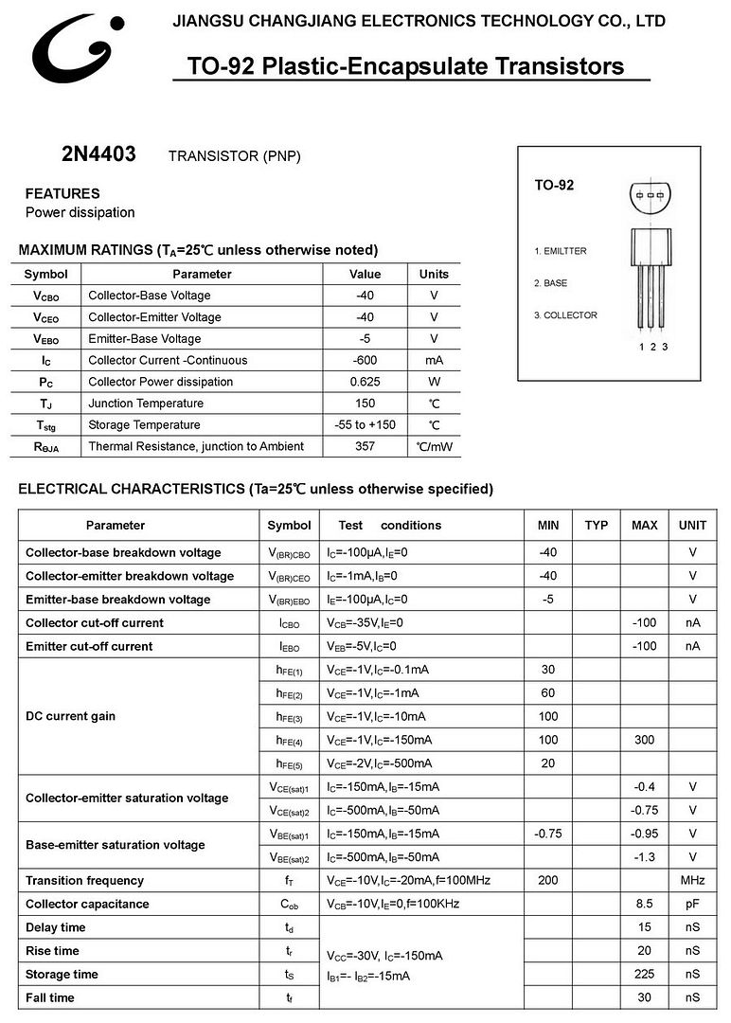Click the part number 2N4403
(x=98, y=154)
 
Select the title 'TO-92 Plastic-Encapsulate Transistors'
(x=405, y=66)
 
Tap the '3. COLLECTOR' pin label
(x=565, y=315)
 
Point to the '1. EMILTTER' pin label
(x=560, y=251)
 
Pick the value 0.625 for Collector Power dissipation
(x=365, y=382)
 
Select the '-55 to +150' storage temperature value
(x=365, y=424)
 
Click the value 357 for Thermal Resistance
(x=365, y=446)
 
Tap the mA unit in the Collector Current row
(x=434, y=360)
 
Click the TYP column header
(x=597, y=525)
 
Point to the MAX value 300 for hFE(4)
(x=645, y=740)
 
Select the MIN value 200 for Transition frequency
(x=548, y=881)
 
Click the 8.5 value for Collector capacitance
(x=645, y=905)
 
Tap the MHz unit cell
(x=692, y=881)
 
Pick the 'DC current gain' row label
(x=70, y=716)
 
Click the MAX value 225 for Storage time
(x=645, y=974)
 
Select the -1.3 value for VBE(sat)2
(x=645, y=857)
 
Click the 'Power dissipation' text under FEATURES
(x=80, y=212)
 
